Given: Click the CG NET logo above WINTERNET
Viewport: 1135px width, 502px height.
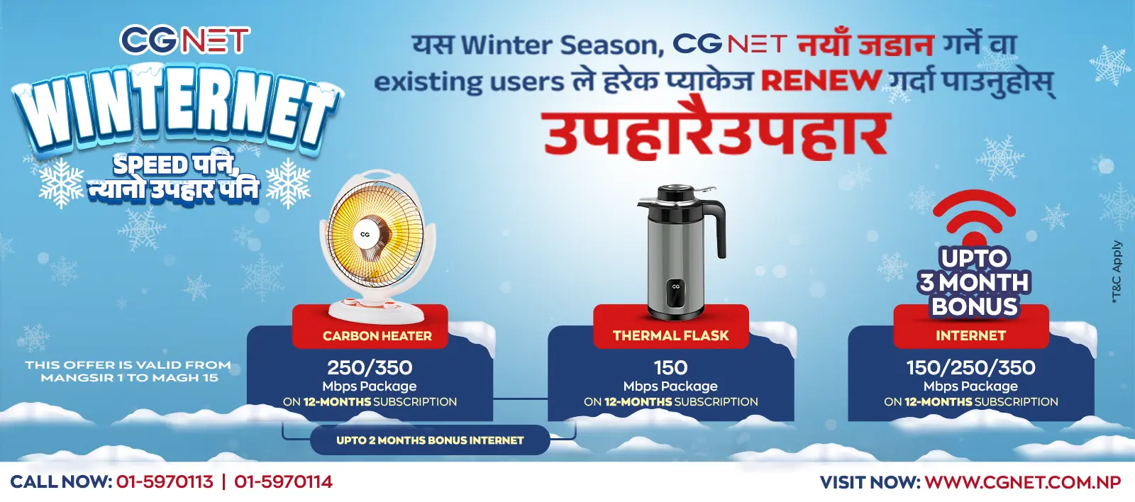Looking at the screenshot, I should click(x=184, y=40).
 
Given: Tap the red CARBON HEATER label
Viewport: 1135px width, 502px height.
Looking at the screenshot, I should click(x=377, y=335).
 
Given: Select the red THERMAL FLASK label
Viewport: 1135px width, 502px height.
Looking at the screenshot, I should click(x=670, y=335).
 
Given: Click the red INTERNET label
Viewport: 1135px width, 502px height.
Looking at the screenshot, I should click(x=970, y=335).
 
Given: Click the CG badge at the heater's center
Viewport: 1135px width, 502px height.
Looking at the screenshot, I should click(x=365, y=234).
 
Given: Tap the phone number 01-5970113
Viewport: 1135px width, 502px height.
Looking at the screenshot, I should click(x=165, y=482).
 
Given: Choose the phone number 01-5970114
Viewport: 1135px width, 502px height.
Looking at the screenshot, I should click(x=283, y=482).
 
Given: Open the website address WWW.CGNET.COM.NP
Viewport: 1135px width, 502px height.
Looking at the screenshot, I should click(x=1022, y=482).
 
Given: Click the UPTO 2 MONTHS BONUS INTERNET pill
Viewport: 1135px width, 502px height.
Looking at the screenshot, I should click(x=430, y=440).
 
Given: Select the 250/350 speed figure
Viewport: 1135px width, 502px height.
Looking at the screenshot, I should click(x=370, y=367).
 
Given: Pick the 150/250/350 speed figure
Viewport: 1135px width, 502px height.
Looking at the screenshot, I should click(x=970, y=367).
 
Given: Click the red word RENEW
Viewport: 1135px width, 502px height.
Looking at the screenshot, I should click(x=821, y=81).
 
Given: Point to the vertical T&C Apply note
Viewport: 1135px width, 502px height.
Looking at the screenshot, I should click(x=1117, y=273).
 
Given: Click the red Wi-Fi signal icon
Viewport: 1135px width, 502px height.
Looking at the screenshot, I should click(x=974, y=216).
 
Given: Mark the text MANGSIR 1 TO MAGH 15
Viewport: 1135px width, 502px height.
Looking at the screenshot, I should click(x=129, y=378).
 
